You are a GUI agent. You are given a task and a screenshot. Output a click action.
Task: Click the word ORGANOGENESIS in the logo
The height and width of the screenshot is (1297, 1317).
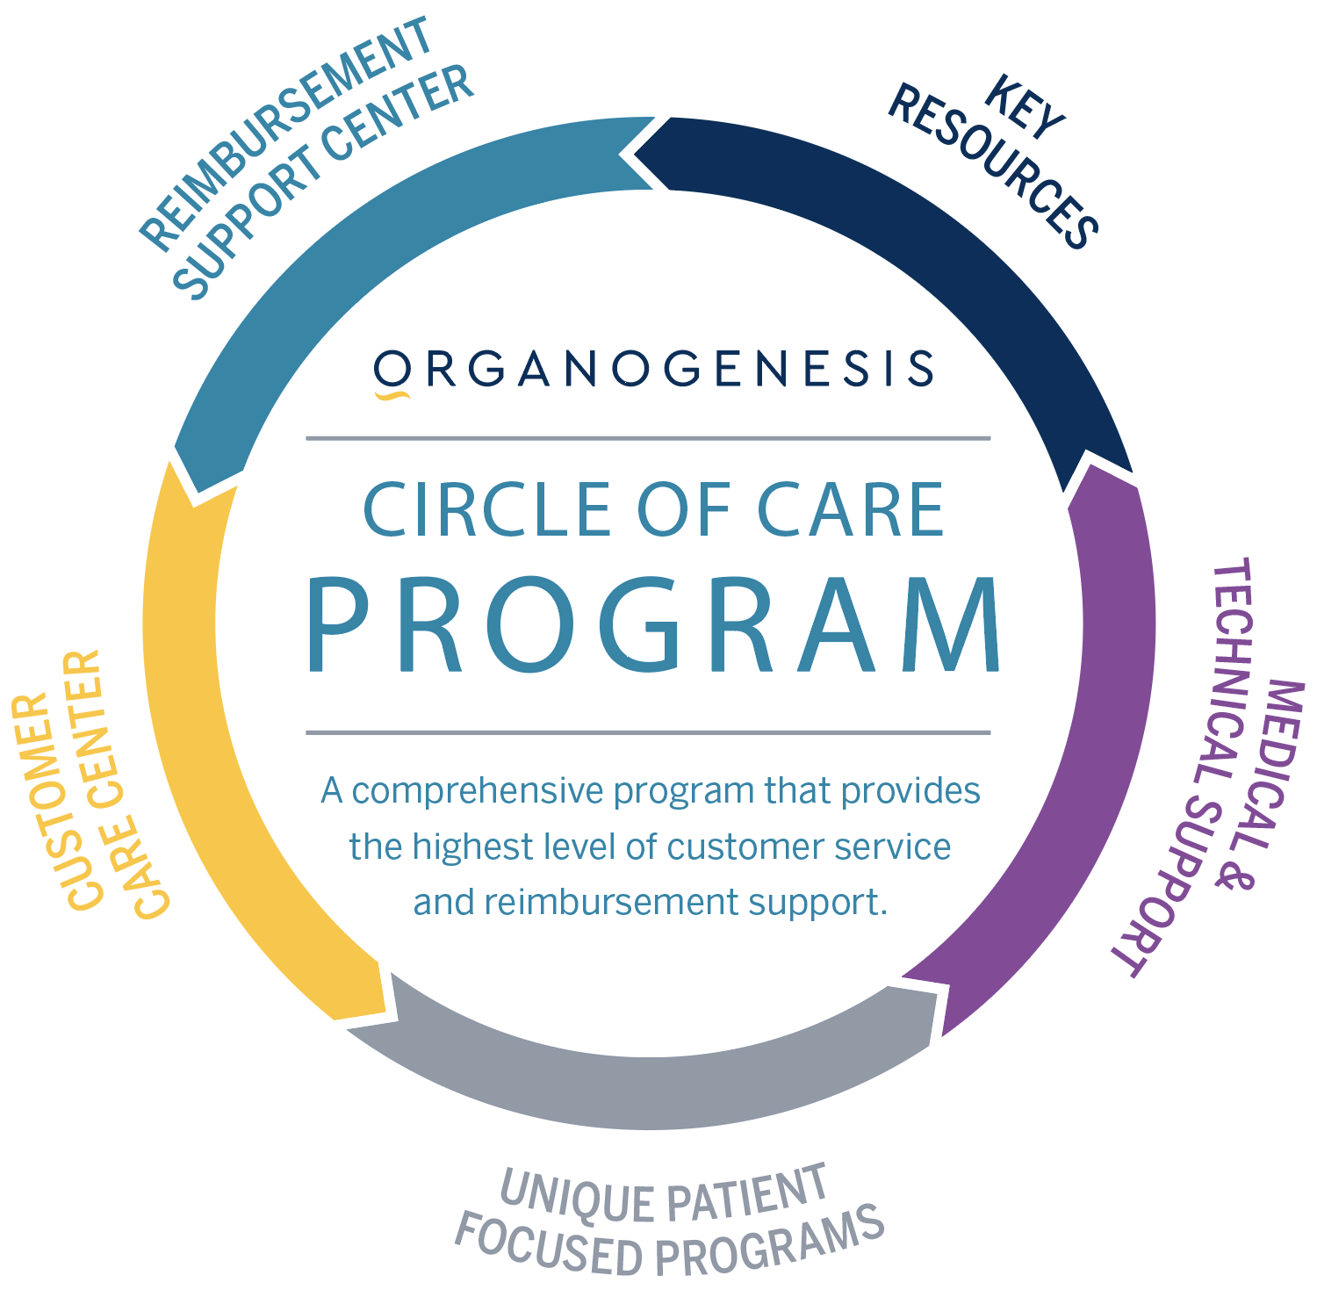[654, 369]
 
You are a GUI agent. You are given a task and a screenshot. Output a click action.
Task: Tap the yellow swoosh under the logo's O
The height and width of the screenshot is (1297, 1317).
[392, 396]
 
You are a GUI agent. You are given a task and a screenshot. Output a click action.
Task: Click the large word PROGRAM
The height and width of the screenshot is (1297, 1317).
[653, 626]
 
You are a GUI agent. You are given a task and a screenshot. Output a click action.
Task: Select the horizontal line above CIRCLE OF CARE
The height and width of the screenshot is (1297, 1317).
[648, 438]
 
